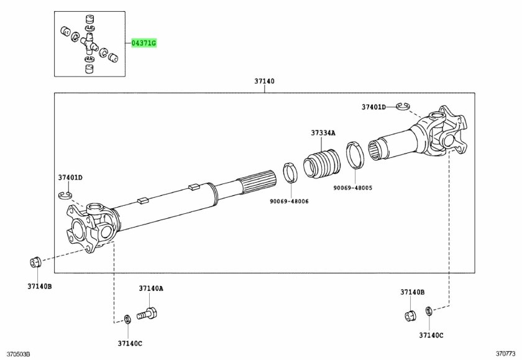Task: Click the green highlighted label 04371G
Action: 144,44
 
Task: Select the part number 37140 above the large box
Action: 264,81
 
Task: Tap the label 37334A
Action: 323,133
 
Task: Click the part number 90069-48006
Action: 289,201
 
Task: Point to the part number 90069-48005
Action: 353,188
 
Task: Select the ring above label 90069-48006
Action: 290,172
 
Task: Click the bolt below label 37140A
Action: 147,313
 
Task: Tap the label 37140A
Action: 151,288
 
